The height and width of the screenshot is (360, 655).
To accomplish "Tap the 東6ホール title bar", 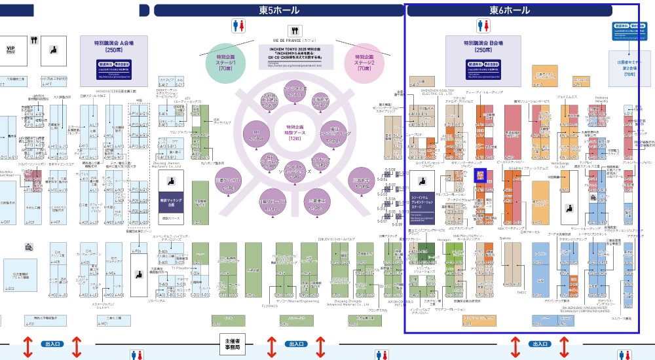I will point(510,10).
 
